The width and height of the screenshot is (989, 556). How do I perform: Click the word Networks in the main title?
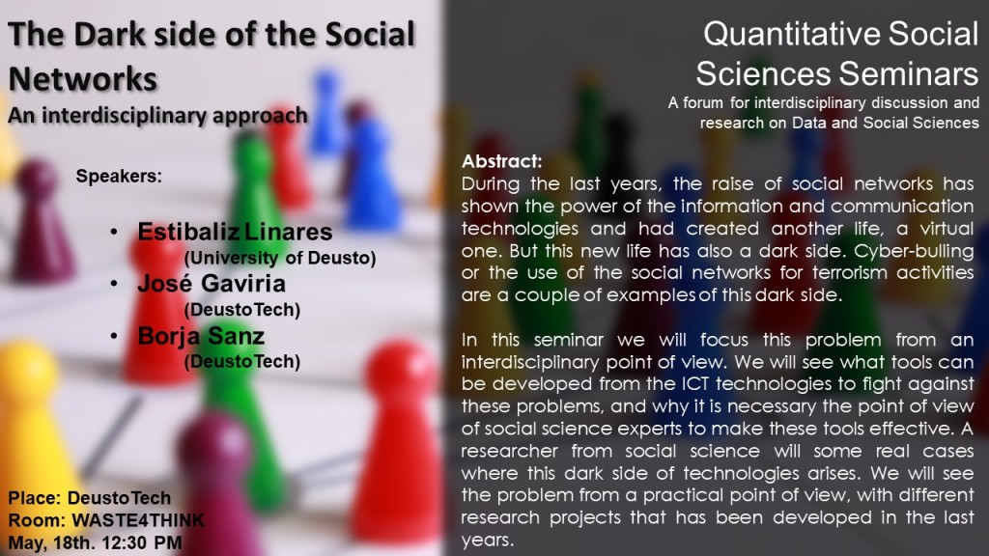tap(82, 76)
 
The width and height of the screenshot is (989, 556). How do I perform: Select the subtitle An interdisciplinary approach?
tap(157, 115)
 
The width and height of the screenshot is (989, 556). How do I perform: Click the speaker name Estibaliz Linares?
tap(235, 233)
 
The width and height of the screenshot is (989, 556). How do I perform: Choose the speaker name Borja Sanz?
tap(202, 336)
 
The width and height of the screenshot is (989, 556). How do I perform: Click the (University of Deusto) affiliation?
tap(279, 259)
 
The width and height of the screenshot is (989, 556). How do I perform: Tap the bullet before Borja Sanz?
tap(115, 336)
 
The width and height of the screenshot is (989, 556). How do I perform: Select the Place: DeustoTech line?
tap(89, 499)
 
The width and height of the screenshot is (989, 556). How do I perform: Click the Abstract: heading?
tap(502, 160)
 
